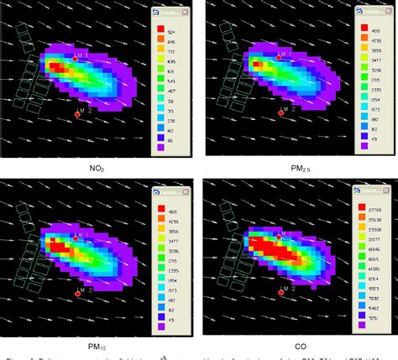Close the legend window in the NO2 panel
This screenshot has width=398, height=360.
[187, 13]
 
